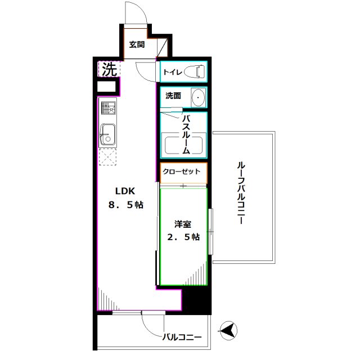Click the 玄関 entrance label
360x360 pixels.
tap(137, 44)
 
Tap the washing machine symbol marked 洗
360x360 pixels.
tap(110, 70)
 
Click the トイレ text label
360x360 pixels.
tap(172, 73)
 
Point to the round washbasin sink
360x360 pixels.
tap(198, 98)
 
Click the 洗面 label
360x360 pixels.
tap(173, 96)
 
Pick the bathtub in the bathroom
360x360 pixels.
tap(183, 146)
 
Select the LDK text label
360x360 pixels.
tap(126, 190)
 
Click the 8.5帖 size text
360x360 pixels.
tap(126, 205)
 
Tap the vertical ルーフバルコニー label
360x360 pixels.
tap(241, 193)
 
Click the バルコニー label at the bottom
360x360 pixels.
tap(182, 337)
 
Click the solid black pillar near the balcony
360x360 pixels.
tap(196, 301)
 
